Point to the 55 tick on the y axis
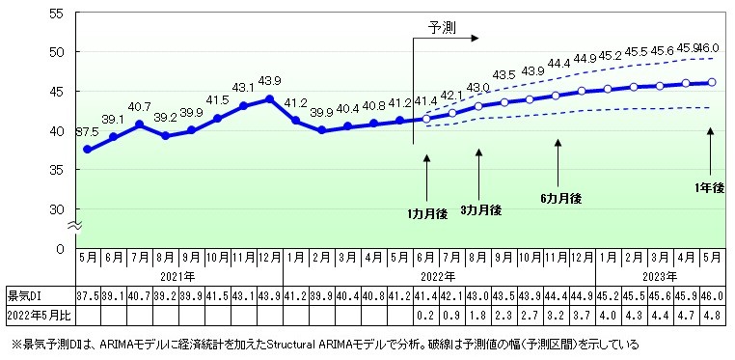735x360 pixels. click(x=56, y=14)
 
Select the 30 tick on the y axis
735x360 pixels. click(x=56, y=209)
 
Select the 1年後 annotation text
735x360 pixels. click(x=709, y=187)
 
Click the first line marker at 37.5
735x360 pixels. click(x=88, y=150)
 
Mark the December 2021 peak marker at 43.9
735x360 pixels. click(x=270, y=99)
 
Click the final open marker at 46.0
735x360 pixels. click(x=712, y=83)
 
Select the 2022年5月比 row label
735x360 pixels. click(x=36, y=314)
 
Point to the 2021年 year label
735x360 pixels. click(x=179, y=275)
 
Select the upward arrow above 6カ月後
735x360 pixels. click(x=558, y=159)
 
